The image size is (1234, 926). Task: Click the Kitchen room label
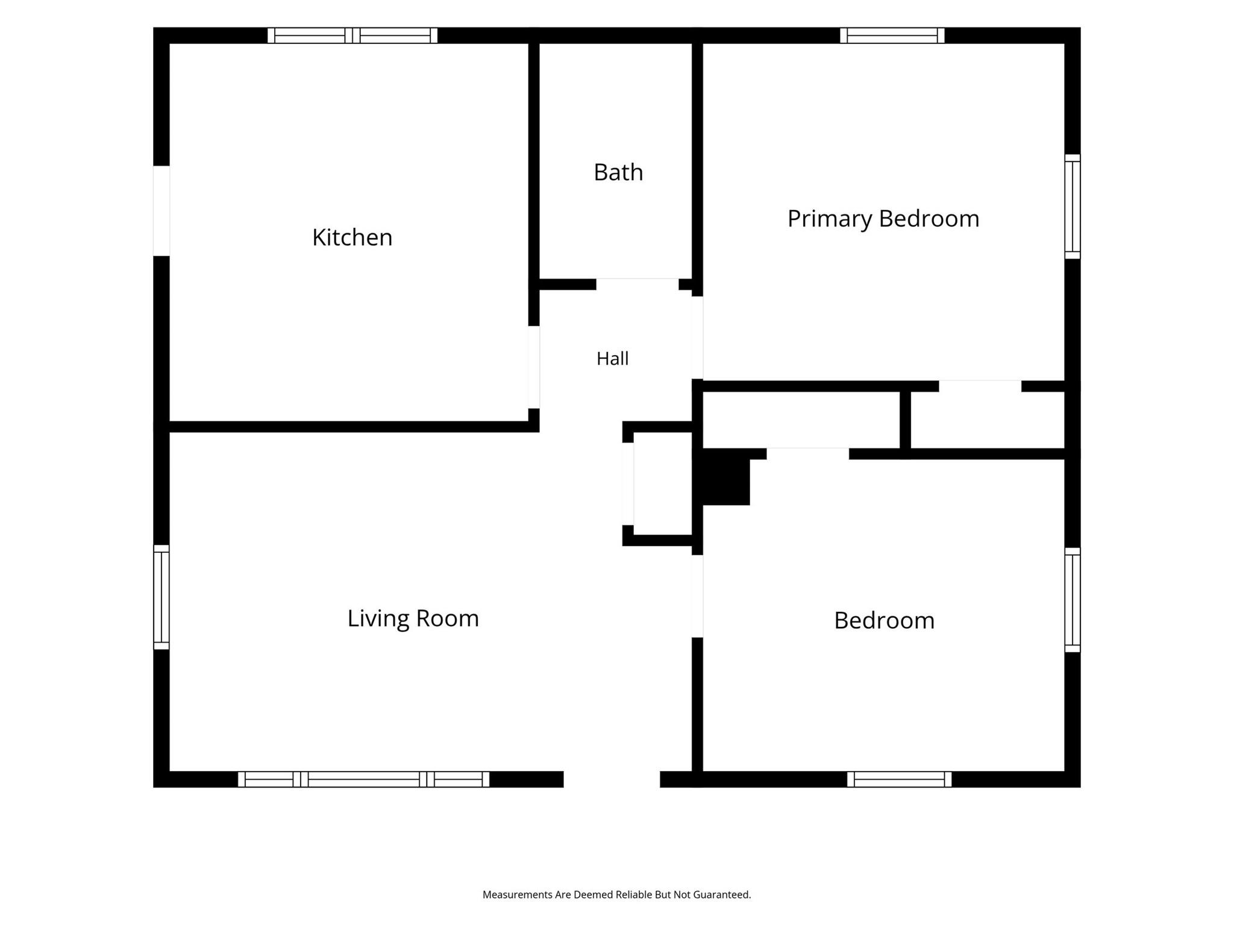[352, 238]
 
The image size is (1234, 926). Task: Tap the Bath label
[618, 172]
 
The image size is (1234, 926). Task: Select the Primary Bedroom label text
[883, 219]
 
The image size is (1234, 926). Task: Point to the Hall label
[612, 359]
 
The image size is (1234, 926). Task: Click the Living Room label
[413, 619]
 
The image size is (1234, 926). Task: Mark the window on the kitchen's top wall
[352, 36]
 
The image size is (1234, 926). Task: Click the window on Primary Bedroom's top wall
[892, 36]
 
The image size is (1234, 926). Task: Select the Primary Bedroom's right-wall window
[1073, 207]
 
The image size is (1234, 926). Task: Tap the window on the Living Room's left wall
[161, 597]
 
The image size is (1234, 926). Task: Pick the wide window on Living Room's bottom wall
[364, 780]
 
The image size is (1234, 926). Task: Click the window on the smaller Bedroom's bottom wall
[900, 780]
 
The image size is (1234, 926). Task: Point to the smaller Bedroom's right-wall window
[1073, 600]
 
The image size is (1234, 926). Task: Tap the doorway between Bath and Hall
[637, 284]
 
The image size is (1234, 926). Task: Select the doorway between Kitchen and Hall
[534, 367]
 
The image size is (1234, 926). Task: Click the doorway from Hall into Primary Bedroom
[697, 338]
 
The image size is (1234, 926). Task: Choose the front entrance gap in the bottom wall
[612, 780]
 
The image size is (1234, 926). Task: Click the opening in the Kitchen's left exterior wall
[161, 211]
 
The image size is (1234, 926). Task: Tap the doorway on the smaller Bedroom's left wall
[697, 596]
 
